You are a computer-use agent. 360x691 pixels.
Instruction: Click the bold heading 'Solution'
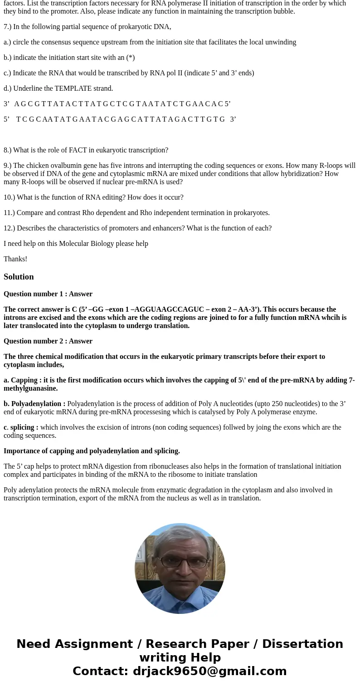[x=19, y=277]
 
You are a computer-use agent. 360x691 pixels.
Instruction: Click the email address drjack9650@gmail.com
[x=209, y=671]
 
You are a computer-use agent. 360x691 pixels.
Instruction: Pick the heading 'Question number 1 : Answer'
[x=48, y=294]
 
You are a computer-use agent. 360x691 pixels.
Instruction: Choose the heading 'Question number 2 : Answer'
[x=48, y=341]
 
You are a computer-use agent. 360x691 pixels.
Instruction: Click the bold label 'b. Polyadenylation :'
[x=34, y=404]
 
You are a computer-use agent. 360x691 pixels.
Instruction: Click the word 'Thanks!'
[x=15, y=259]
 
